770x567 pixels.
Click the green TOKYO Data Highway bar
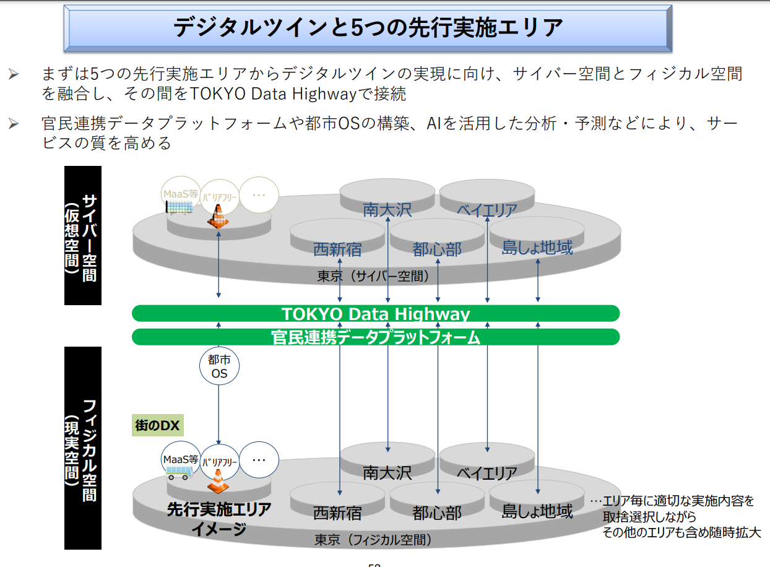tap(376, 313)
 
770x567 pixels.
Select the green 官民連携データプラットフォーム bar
tap(376, 337)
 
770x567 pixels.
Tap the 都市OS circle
tap(219, 366)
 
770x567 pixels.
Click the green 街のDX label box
tap(157, 425)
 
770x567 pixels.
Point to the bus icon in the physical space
tap(179, 473)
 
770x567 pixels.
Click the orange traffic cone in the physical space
tap(218, 482)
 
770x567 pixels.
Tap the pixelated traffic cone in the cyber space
tap(218, 217)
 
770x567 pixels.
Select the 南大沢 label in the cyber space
tap(387, 210)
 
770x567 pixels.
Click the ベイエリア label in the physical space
tap(487, 474)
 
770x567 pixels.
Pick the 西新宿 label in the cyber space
tap(337, 249)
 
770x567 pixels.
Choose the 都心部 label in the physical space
tap(437, 513)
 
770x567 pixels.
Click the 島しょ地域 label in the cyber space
tap(537, 248)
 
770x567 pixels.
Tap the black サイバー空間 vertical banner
tap(83, 236)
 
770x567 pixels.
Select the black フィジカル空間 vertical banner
tap(83, 448)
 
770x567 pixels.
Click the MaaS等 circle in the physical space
tap(181, 459)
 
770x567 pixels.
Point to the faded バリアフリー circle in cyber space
tap(219, 197)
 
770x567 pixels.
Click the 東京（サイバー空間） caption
tap(373, 276)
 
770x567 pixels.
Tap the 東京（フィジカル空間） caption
tap(373, 540)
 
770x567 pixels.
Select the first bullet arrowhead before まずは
tap(14, 74)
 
